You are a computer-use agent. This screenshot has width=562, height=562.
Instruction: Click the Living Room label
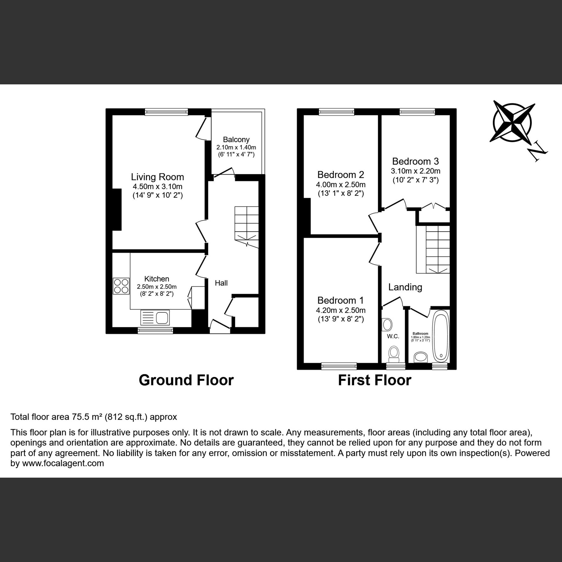(x=157, y=177)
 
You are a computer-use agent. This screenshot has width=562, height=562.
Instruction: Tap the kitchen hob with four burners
(x=121, y=286)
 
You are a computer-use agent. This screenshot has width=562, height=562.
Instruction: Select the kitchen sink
(x=155, y=317)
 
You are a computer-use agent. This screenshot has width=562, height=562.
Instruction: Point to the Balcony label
(x=236, y=140)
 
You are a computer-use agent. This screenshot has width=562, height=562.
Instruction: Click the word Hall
(x=221, y=283)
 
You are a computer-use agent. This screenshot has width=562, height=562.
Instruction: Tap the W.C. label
(x=393, y=336)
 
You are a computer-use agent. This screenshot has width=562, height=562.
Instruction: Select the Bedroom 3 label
(x=416, y=161)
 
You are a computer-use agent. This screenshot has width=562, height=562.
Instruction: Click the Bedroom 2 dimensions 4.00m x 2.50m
(x=340, y=184)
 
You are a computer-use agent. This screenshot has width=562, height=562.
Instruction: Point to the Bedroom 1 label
(x=340, y=300)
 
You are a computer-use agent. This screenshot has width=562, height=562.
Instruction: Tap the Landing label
(x=405, y=287)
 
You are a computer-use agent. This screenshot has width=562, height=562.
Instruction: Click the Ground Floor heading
(x=186, y=380)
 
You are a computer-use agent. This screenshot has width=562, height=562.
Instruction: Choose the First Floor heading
(x=375, y=380)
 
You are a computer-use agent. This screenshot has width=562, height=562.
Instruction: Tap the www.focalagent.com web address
(x=63, y=463)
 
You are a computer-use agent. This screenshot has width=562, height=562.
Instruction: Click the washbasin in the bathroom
(x=421, y=357)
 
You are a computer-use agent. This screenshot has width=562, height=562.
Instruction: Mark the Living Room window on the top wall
(x=166, y=112)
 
